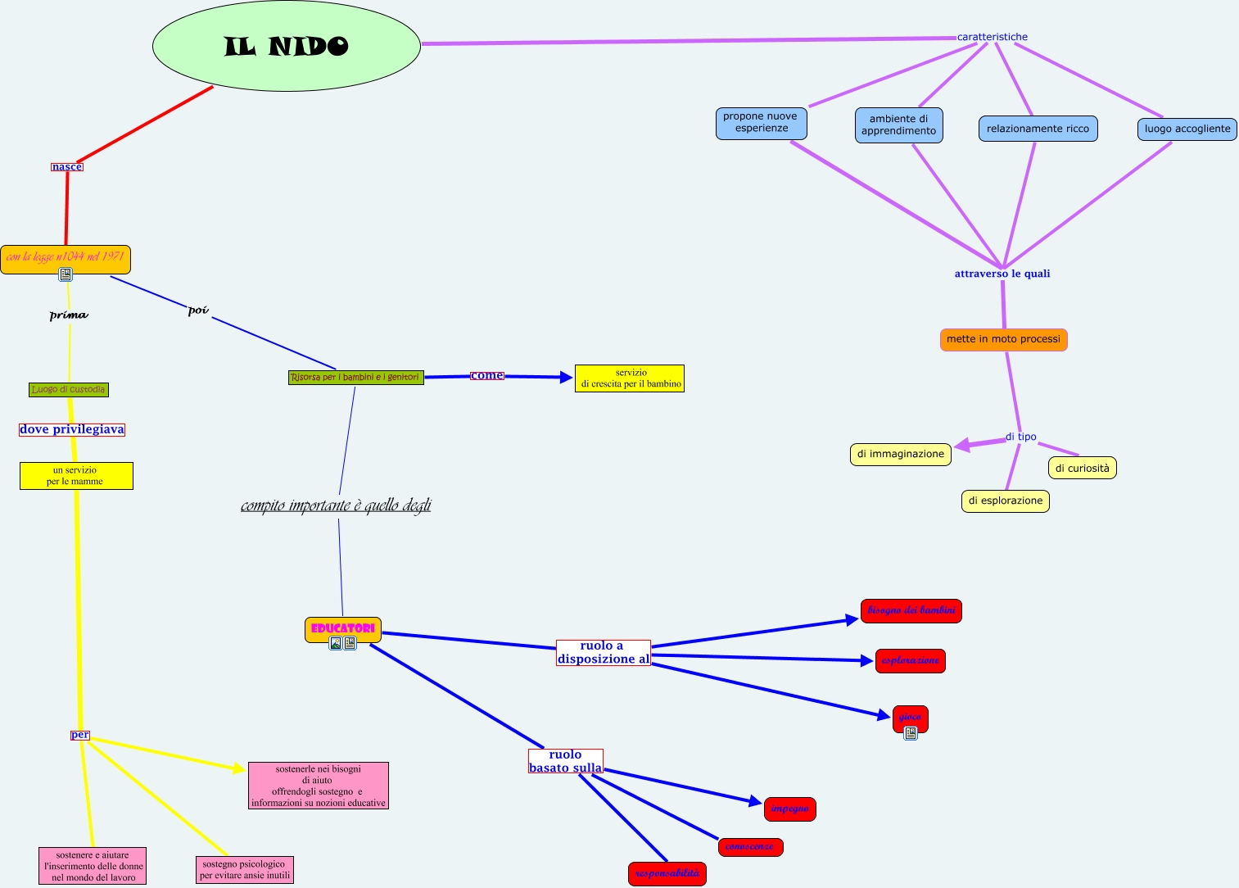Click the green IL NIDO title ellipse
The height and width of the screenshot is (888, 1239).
tap(286, 46)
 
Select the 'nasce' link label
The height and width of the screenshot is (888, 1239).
tap(67, 166)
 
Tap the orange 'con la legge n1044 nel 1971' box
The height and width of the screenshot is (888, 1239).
tap(66, 257)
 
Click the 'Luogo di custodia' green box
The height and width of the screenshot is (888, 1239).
tap(69, 390)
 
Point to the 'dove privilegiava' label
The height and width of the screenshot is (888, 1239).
tap(72, 429)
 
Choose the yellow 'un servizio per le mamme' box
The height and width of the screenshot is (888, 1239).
tap(76, 476)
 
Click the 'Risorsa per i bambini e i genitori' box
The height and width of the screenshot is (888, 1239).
tap(355, 378)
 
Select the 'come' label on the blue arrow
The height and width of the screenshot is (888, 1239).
tap(486, 375)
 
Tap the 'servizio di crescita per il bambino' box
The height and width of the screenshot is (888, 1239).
tap(630, 378)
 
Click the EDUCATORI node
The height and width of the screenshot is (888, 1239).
tap(343, 628)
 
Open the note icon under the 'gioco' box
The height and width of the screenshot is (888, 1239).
tap(911, 733)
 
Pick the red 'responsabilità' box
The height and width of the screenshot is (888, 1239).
tap(667, 873)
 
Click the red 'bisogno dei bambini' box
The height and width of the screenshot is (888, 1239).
tap(911, 610)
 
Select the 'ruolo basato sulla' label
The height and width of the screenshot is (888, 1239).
tap(565, 761)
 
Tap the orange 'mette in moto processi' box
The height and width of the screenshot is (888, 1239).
tap(1003, 339)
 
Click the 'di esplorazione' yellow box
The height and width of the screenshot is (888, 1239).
tap(1005, 501)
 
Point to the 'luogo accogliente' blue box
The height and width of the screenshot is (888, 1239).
tap(1187, 129)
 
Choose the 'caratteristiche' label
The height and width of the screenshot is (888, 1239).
tap(992, 37)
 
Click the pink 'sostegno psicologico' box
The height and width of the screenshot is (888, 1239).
tap(244, 870)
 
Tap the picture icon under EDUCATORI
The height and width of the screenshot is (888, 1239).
tap(336, 643)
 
